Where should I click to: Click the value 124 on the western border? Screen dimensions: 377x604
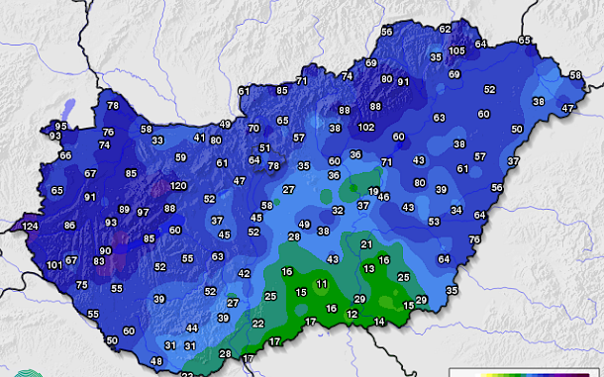30,227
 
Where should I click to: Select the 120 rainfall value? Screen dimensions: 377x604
178,185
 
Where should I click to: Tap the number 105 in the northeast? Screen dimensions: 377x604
456,50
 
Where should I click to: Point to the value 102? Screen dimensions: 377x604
366,128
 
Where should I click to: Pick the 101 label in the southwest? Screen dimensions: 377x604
54,265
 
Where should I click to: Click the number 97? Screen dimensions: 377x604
144,212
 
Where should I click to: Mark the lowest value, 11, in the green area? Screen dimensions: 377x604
321,284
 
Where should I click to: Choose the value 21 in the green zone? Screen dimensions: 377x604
366,244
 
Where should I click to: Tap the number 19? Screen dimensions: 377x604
373,191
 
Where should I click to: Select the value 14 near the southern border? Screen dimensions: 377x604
379,322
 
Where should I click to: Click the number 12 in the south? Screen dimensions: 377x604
352,314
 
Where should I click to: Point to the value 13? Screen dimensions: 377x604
368,268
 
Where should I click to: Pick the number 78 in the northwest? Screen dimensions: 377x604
112,106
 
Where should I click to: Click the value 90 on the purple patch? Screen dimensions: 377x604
105,251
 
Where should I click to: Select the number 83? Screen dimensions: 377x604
99,261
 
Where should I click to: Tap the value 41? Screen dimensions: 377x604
199,138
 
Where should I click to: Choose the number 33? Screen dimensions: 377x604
157,141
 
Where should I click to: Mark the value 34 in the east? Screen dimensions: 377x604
455,210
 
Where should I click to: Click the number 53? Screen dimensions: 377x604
434,222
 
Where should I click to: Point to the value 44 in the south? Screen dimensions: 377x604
192,328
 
